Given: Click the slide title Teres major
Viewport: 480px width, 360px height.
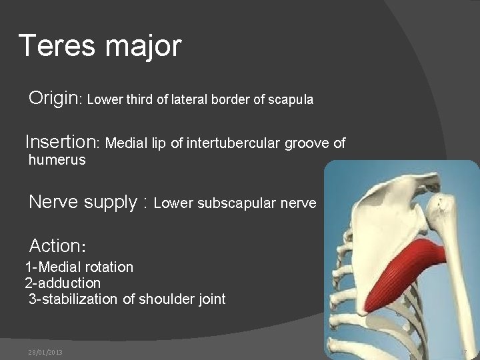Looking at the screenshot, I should (100, 46).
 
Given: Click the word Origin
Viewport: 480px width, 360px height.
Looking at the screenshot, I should (54, 99).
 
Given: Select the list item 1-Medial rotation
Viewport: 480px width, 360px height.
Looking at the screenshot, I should (79, 267).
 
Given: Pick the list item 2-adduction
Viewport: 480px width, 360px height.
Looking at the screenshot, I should (63, 283).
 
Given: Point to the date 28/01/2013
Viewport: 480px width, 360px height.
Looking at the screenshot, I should (45, 351).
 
